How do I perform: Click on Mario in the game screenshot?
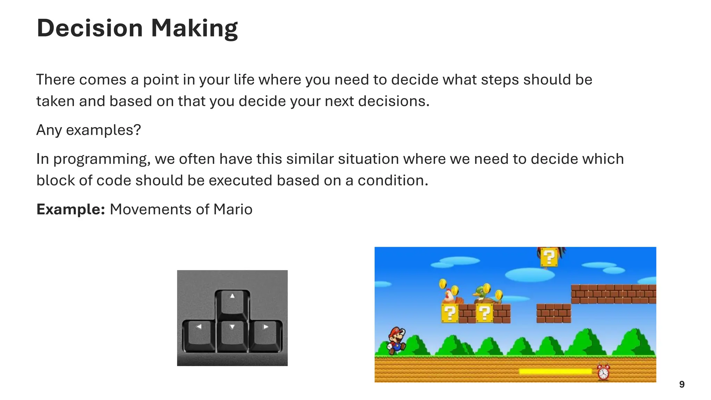click(x=396, y=340)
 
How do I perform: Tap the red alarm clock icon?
click(x=603, y=372)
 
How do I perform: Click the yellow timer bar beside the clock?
click(x=555, y=372)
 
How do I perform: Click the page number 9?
click(x=682, y=384)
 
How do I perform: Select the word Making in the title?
click(x=194, y=28)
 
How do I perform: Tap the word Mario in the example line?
click(x=233, y=209)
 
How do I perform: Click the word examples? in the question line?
click(x=103, y=130)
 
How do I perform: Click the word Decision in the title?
click(x=90, y=28)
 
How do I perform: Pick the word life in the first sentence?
click(x=243, y=80)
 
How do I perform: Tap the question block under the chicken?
click(x=450, y=313)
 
